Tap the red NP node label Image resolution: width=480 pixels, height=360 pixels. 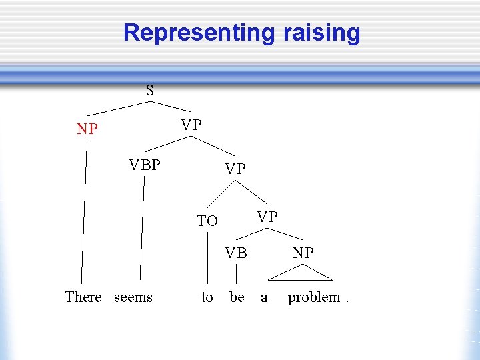coord(87,129)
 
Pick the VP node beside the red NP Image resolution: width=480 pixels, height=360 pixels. coord(191,125)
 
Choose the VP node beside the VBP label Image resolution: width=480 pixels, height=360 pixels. coord(235,169)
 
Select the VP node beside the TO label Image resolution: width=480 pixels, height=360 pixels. coord(267,217)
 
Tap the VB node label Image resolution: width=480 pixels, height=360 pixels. coord(236,253)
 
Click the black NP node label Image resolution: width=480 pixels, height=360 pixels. coord(303,253)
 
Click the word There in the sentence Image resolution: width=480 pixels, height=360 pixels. coord(83,297)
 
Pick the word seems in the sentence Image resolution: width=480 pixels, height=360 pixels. coord(133,297)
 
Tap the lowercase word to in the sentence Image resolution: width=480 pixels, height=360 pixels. coord(207,297)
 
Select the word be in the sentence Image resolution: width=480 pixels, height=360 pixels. coord(237,297)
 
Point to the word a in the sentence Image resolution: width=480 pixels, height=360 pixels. coord(264,297)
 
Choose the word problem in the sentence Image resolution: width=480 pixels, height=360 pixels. coord(314,297)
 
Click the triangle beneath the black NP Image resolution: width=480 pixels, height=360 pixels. coord(300,274)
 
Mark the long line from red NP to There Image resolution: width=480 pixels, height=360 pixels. coord(84,213)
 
